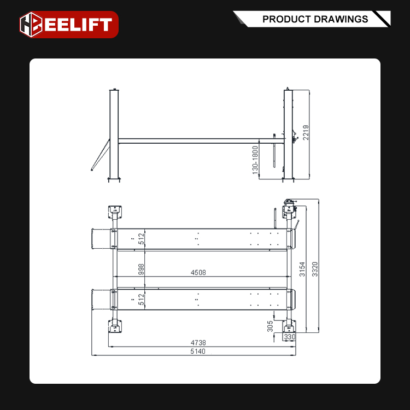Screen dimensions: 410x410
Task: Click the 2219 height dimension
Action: point(306,132)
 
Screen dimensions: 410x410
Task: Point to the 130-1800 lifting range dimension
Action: point(255,161)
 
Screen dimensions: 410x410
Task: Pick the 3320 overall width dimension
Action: point(315,268)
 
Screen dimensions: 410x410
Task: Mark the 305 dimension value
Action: point(270,327)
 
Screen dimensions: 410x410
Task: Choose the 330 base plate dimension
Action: point(289,338)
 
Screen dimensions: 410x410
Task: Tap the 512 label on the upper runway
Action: point(141,239)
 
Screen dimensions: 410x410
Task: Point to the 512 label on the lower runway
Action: point(141,300)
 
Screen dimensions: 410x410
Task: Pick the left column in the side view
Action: point(114,134)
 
